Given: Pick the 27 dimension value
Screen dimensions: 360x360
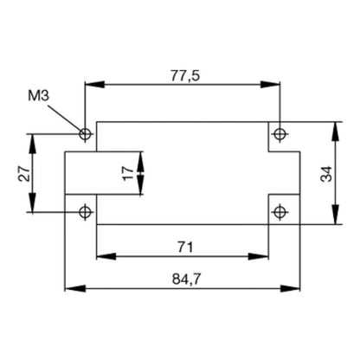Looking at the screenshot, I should tap(25, 173).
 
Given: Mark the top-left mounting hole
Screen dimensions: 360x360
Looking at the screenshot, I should tap(85, 134).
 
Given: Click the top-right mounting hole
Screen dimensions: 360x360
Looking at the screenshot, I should tap(279, 134).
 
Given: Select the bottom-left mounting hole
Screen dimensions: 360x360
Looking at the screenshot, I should tap(85, 212).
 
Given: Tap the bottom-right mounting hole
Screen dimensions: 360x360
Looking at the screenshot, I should tap(279, 212).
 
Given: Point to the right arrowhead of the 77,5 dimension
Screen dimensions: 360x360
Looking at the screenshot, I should tap(273, 85).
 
